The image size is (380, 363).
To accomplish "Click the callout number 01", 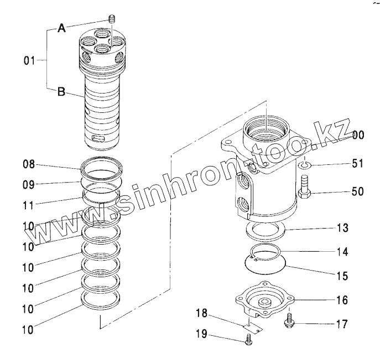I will click(x=29, y=61).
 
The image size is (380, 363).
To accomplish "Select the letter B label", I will click(x=62, y=93).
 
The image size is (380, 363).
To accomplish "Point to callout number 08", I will click(x=29, y=164).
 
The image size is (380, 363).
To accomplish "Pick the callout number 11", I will click(x=29, y=204).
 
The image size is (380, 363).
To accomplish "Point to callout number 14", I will click(x=342, y=251).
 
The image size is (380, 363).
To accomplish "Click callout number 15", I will click(x=342, y=275).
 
